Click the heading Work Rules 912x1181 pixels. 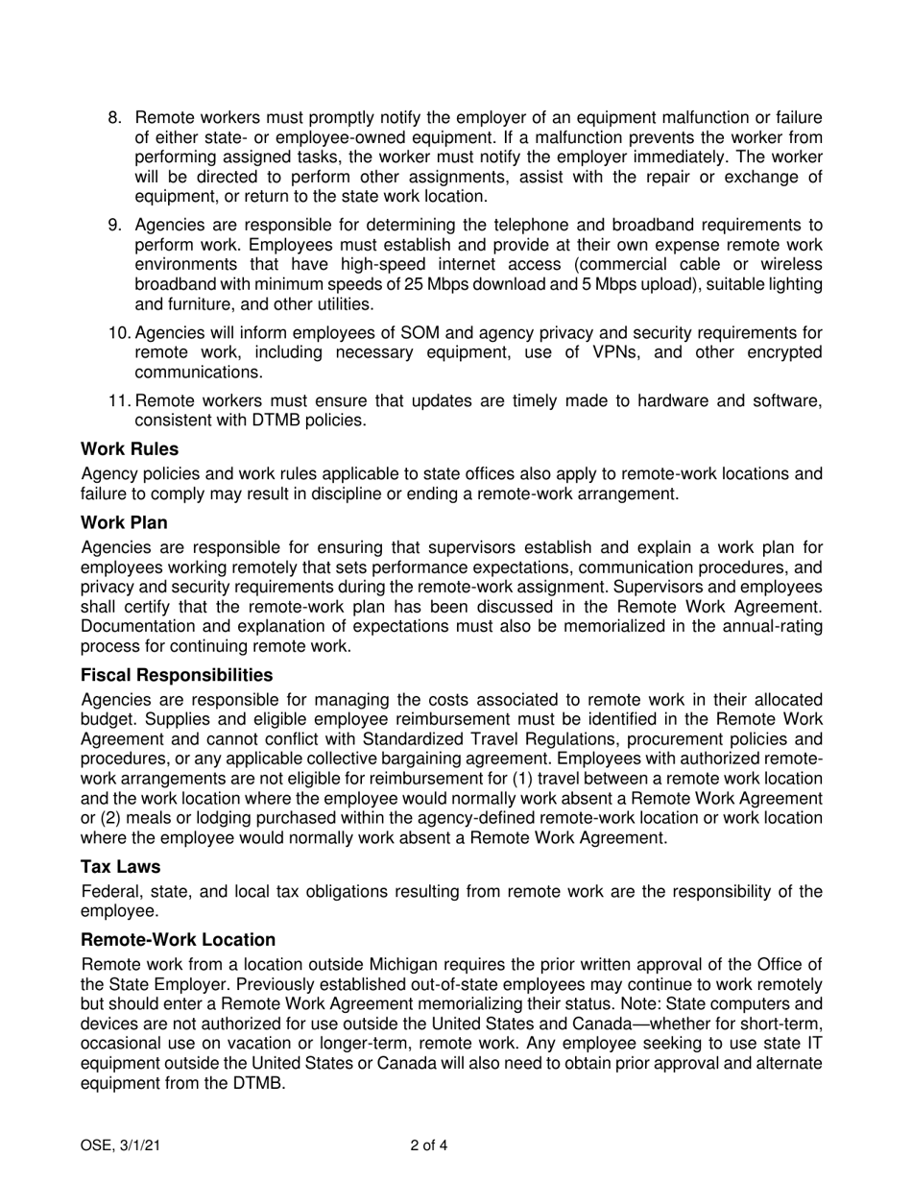coord(130,448)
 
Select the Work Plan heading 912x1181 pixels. coord(124,523)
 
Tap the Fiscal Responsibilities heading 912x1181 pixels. coord(177,675)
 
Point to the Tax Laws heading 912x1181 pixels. coord(121,866)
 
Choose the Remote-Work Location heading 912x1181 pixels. coord(179,940)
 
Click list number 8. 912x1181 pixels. coord(114,118)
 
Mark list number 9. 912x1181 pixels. coord(114,226)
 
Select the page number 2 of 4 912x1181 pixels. coord(428,1145)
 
